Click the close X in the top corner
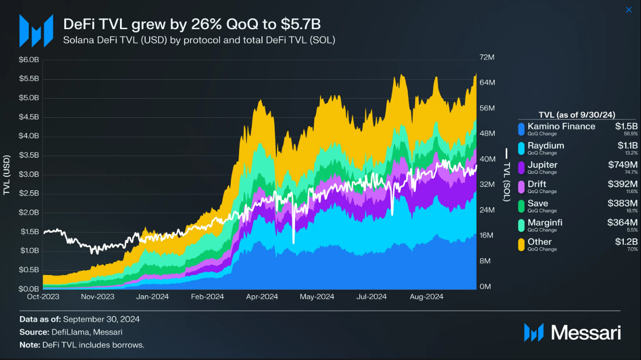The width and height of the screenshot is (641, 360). point(628,10)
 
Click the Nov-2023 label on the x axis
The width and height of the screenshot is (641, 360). point(98,296)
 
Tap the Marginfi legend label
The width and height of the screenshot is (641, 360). point(545,223)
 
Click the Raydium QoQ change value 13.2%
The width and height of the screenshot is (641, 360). point(631,153)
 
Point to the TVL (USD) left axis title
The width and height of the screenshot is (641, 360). point(7,175)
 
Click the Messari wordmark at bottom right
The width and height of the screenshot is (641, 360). point(586,332)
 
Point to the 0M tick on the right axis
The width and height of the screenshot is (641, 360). point(485,287)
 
